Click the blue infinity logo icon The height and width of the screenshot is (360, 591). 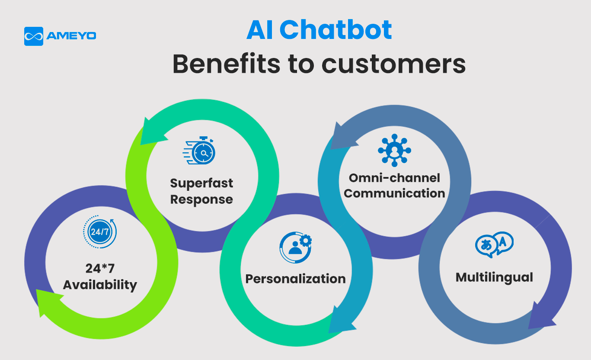pos(33,36)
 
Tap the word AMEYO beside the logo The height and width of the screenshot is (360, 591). pos(71,36)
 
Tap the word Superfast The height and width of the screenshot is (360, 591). pos(201,183)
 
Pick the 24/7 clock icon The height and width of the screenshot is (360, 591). pos(99,232)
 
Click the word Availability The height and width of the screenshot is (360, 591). pos(100,285)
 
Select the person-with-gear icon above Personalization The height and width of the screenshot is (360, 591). pos(295,247)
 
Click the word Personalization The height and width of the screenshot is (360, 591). pos(295,279)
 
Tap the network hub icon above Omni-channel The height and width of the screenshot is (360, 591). pos(394,150)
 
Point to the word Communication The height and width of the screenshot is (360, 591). pos(394,193)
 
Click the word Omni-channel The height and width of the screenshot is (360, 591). pos(394,178)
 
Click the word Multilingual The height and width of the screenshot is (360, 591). pos(494,277)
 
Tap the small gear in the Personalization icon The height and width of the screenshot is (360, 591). pos(306,240)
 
